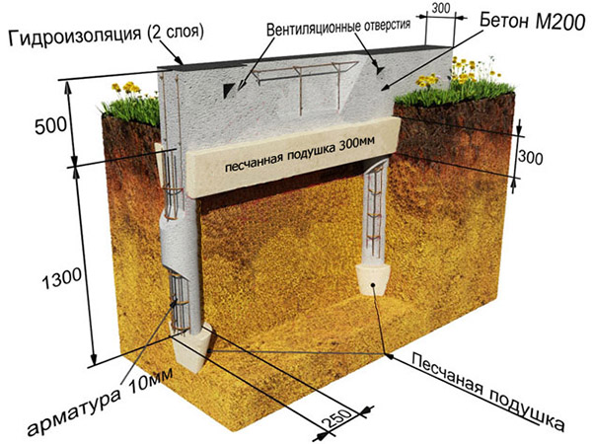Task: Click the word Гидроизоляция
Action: [75, 37]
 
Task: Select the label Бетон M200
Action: [533, 22]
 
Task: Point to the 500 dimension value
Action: [51, 125]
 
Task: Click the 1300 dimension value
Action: [61, 278]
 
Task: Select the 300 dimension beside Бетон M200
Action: [441, 8]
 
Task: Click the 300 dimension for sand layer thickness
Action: [531, 158]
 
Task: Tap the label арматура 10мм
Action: [100, 401]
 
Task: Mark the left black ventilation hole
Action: [229, 90]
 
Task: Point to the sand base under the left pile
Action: [190, 348]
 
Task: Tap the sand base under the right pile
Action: [373, 280]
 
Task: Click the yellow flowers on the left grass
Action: [127, 88]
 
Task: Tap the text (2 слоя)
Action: [176, 32]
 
